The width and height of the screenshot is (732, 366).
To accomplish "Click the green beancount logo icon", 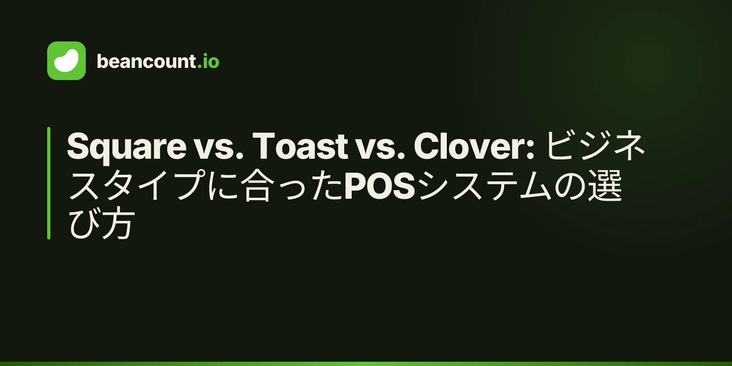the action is pos(66,61).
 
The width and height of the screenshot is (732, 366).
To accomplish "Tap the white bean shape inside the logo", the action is pos(66,61).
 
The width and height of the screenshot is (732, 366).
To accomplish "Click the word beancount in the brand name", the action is pos(146,61).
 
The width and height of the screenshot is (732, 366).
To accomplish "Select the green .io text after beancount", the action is pos(208,61).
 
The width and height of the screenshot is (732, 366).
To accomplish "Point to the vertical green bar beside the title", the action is pos(49,183).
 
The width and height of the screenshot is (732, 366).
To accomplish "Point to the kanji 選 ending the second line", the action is pos(605,186).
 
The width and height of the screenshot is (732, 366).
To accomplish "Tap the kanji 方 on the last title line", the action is pos(118,224).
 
